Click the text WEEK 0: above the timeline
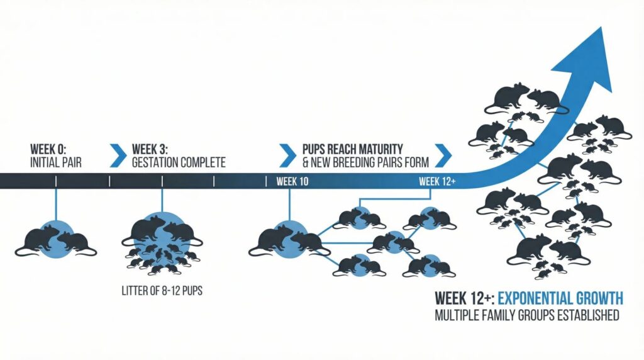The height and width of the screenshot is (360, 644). click(48, 149)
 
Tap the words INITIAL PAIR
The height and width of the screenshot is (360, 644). click(56, 162)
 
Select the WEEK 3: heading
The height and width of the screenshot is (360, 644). click(150, 149)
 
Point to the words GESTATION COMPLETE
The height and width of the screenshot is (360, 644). click(179, 162)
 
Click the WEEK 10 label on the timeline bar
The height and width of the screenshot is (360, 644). click(292, 181)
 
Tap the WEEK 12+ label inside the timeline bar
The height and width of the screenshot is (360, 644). click(437, 181)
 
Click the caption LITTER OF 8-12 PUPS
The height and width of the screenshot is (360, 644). click(162, 291)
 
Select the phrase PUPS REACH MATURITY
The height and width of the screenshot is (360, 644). click(353, 149)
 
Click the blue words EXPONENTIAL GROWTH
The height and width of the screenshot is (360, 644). click(560, 298)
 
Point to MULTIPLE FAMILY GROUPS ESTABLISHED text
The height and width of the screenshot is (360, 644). click(527, 315)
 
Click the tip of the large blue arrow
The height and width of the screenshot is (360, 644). click(601, 27)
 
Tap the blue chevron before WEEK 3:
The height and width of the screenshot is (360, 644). click(118, 155)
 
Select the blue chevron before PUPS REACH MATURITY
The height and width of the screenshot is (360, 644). click(287, 155)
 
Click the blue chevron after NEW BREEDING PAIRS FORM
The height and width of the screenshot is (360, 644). click(443, 155)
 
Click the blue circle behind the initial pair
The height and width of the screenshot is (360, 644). click(57, 240)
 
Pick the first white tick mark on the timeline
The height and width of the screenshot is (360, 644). click(56, 181)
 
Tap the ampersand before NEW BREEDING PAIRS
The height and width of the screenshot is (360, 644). click(305, 163)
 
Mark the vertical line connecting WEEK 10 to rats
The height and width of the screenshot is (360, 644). click(289, 205)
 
